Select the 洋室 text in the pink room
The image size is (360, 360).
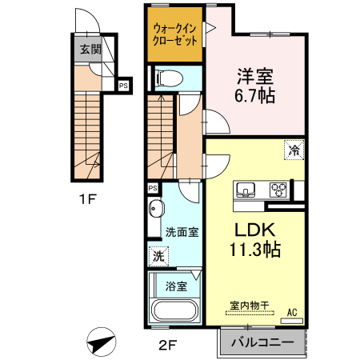[255, 78]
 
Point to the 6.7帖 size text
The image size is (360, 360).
[255, 97]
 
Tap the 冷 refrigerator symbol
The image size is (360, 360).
[294, 150]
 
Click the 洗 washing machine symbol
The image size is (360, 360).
[158, 257]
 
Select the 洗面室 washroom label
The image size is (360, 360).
[182, 232]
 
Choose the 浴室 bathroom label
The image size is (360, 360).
[177, 285]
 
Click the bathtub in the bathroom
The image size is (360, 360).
[174, 312]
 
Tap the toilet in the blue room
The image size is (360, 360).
[169, 78]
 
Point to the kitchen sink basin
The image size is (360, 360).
[245, 190]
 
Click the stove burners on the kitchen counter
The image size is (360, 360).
[278, 190]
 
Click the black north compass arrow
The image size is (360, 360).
[101, 342]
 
